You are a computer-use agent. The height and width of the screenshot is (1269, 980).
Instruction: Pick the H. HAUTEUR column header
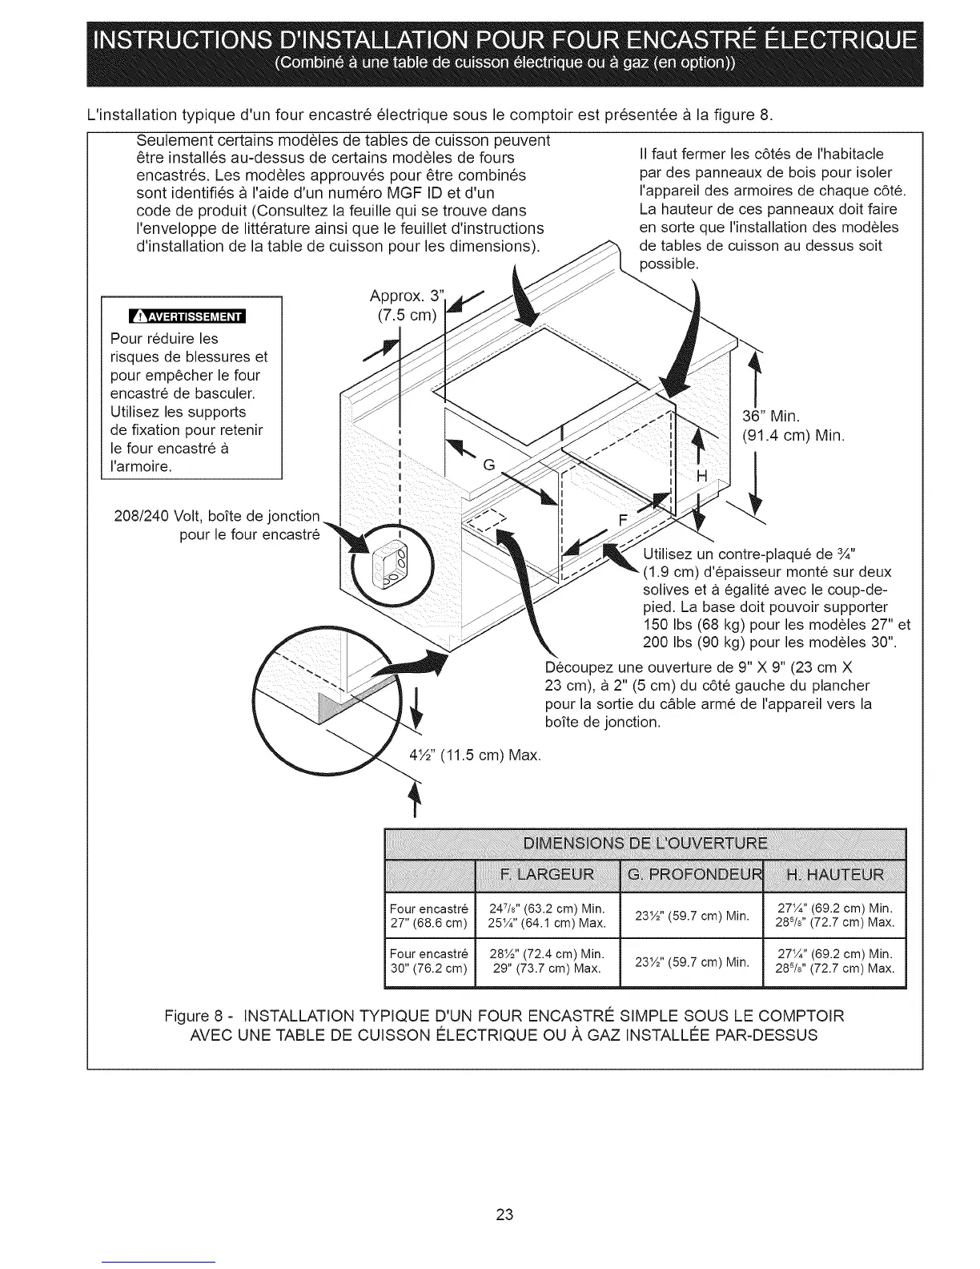pos(835,872)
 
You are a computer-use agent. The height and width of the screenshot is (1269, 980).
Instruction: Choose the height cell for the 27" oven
pos(835,916)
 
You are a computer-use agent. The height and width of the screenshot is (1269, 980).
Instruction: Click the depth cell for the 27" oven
pos(691,916)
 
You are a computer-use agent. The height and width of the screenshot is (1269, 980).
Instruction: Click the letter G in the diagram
pos(488,466)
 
